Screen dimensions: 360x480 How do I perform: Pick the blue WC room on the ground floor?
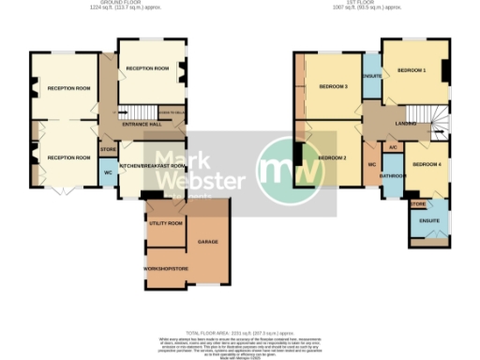[x=108, y=173]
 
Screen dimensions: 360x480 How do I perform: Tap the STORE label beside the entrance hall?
[x=108, y=147]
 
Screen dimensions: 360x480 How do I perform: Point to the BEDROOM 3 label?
[x=333, y=87]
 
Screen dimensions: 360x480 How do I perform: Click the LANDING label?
[x=405, y=123]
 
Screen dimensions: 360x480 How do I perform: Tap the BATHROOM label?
[x=392, y=175]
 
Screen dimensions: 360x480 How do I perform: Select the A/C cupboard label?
[x=393, y=147]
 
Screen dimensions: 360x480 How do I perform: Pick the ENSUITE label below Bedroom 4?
[x=429, y=220]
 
